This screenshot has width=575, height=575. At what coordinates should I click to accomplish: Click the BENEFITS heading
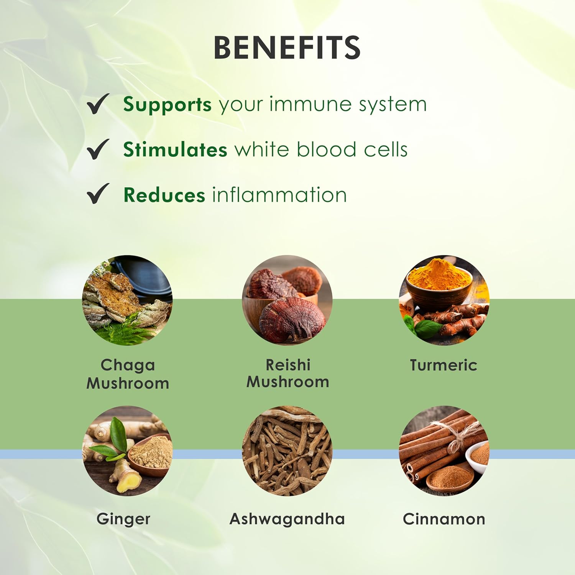tap(287, 48)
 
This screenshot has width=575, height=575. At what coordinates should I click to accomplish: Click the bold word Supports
tap(167, 105)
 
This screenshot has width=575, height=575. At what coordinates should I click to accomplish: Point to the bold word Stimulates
tap(175, 149)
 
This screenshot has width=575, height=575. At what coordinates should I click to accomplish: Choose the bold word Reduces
tap(164, 195)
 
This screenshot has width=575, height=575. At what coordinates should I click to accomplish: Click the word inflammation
tap(279, 195)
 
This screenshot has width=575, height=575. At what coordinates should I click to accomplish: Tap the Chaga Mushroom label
tap(128, 374)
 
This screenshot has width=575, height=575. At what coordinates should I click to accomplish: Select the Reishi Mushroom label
tap(287, 373)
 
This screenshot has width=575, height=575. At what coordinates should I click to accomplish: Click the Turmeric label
tap(444, 365)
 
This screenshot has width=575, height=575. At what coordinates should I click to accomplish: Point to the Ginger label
tap(123, 519)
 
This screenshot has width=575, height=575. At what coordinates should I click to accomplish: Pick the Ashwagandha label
tap(287, 519)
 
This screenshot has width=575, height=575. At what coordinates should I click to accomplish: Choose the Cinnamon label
tap(444, 519)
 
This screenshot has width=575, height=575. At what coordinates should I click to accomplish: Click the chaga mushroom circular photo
tap(127, 300)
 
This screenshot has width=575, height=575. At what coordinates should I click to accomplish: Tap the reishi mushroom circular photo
tap(287, 300)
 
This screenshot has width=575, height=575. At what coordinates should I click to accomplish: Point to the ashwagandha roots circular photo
tap(287, 451)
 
